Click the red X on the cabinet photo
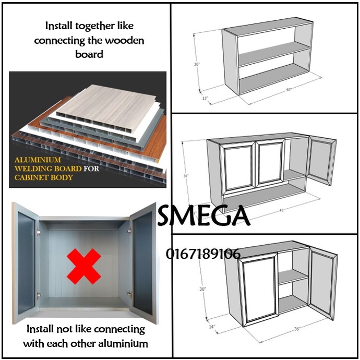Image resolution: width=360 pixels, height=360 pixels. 83,267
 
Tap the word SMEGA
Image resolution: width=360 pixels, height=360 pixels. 203,215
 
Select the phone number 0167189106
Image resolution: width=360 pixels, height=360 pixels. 203,254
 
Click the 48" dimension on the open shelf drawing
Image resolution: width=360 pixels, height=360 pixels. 288,90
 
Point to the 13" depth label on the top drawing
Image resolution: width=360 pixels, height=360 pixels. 205,98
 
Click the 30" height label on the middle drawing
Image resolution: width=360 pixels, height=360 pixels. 185,176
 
